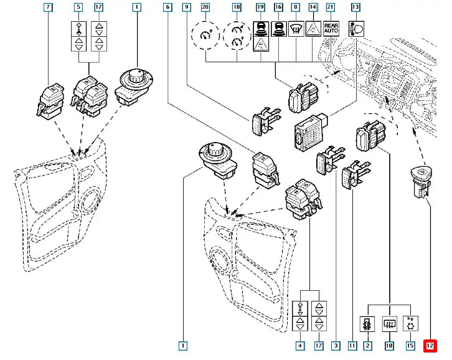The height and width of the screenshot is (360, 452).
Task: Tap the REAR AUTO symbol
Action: pos(331,27)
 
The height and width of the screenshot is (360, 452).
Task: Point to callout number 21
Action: pos(331,8)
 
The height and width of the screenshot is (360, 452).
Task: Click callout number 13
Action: pos(355,8)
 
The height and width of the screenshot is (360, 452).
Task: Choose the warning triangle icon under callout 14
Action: pos(313,27)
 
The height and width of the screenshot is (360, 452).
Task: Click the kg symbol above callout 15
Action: pos(412,323)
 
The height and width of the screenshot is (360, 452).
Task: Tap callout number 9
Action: pos(186,8)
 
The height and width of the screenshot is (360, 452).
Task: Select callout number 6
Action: pos(167,8)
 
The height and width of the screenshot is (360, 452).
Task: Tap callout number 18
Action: pos(237,8)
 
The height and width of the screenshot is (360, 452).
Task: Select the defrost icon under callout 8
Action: pos(296,27)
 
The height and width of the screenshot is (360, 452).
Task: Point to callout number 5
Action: pos(78,8)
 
